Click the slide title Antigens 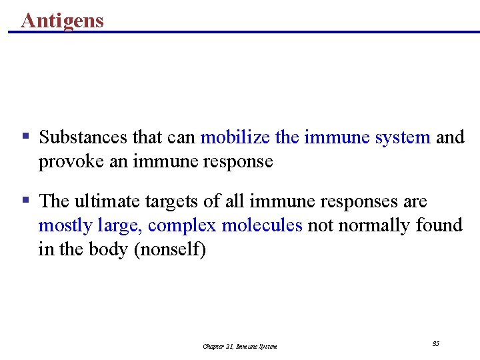click(63, 20)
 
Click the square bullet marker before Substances click(26, 136)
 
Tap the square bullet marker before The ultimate click(26, 199)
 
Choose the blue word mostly click(65, 226)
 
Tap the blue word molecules click(262, 225)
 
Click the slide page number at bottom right click(436, 343)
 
